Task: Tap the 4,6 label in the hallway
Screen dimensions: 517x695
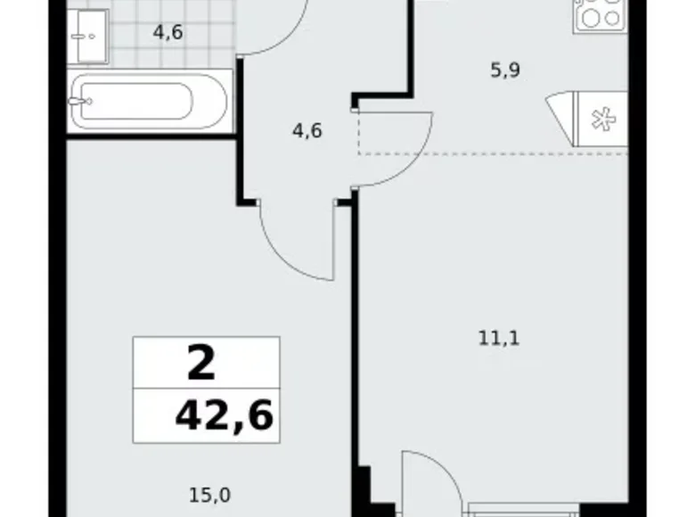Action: pos(307,130)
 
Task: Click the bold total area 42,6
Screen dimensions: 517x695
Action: pos(225,414)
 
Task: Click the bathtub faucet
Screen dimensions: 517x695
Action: pos(85,103)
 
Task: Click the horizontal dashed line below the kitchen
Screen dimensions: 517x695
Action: pos(499,154)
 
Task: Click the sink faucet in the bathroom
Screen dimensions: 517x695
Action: pos(80,37)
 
